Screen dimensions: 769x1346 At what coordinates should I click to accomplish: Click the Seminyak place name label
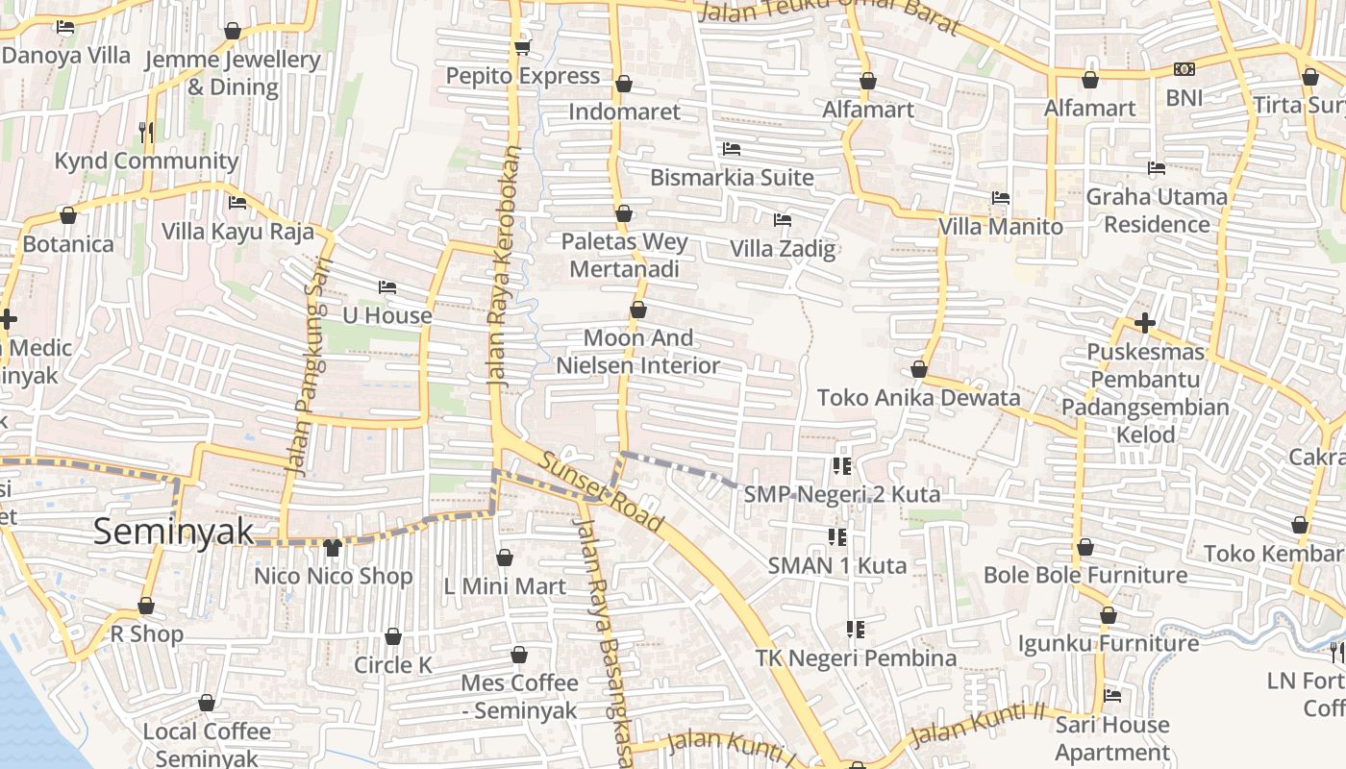point(174,532)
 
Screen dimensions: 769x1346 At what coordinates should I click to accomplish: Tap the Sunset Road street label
point(601,492)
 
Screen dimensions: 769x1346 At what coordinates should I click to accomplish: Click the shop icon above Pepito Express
point(522,47)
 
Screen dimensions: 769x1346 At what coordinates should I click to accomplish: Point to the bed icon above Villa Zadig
point(783,220)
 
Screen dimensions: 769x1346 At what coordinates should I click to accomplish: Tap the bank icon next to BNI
point(1184,69)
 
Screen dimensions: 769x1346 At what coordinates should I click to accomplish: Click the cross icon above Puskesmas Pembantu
point(1144,322)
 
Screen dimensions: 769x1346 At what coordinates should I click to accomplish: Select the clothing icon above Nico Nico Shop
point(333,548)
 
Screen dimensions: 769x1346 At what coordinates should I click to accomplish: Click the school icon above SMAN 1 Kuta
point(836,536)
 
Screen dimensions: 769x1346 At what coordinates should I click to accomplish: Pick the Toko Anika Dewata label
point(918,397)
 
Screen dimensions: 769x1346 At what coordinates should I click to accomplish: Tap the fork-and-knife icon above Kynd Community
point(146,132)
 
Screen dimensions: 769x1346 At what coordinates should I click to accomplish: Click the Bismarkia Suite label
point(732,178)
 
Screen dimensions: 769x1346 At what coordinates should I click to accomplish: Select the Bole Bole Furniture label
point(1084,575)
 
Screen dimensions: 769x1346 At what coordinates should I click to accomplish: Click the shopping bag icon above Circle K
point(393,636)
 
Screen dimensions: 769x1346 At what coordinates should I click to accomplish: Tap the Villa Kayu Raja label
point(237,232)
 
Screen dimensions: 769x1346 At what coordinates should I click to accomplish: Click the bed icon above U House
point(387,287)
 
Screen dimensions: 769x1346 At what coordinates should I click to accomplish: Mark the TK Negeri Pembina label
point(855,658)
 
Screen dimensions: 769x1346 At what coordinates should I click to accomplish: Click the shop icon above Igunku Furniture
point(1108,615)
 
